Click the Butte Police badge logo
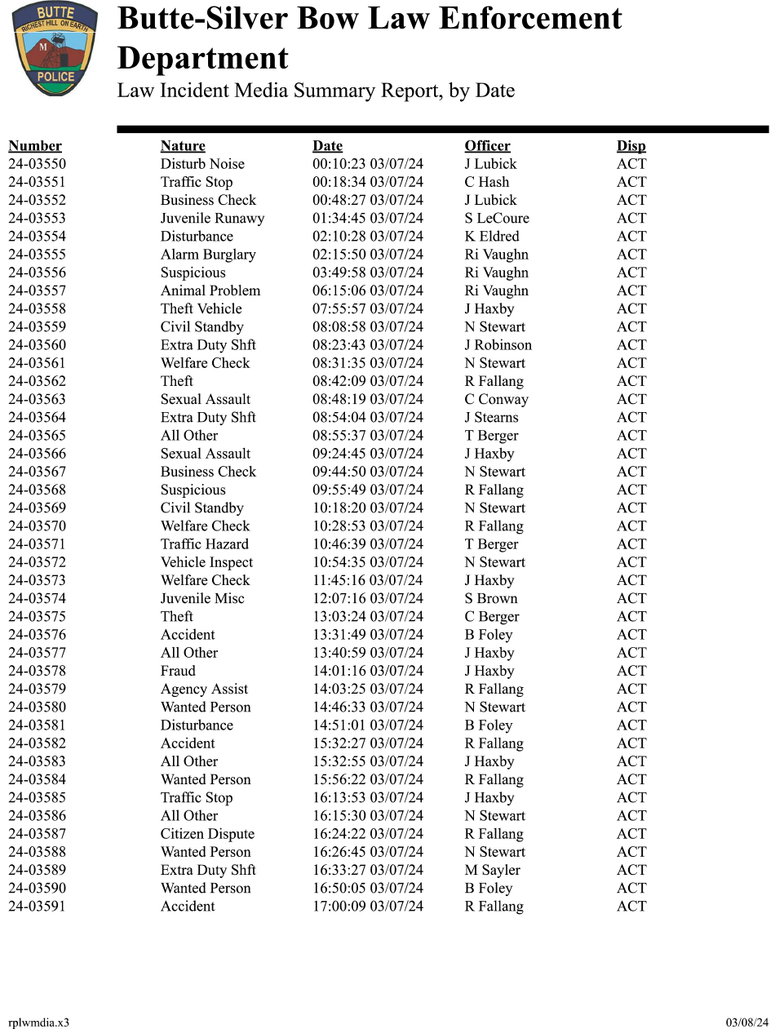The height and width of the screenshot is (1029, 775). click(x=55, y=49)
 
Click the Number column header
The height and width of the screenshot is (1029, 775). click(x=35, y=146)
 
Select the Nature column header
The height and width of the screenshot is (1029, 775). click(x=183, y=146)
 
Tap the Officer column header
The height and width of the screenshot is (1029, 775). click(x=487, y=146)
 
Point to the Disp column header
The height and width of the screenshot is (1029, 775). click(x=631, y=146)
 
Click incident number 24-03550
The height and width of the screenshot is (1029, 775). click(x=37, y=164)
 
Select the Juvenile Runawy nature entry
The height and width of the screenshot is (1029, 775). click(x=212, y=219)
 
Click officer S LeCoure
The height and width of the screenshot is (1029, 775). click(x=497, y=219)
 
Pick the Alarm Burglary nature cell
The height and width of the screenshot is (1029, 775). click(x=208, y=255)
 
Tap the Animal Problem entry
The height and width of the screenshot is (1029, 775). click(x=210, y=291)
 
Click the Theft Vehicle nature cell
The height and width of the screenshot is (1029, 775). click(x=201, y=308)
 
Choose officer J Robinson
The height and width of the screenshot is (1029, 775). click(x=498, y=345)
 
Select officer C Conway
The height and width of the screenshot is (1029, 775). click(x=496, y=399)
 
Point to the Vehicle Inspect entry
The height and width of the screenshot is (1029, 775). click(x=206, y=562)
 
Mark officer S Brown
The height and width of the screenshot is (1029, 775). click(x=491, y=599)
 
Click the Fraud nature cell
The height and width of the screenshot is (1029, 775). click(x=178, y=671)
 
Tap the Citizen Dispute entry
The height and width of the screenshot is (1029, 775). click(x=207, y=834)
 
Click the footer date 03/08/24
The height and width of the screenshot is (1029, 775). click(x=747, y=1022)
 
